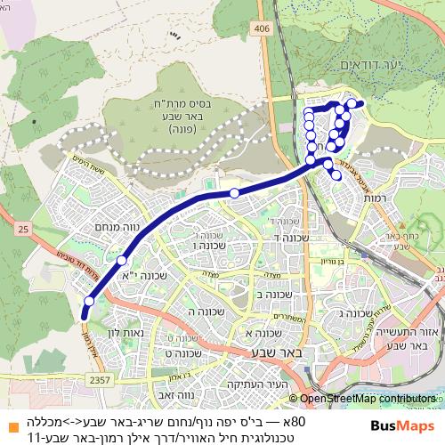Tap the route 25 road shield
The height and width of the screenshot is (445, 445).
(x=22, y=231)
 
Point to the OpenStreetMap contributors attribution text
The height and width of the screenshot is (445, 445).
(x=368, y=400)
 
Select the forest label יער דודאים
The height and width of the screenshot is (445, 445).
(x=363, y=65)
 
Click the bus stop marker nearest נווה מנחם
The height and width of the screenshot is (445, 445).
(x=121, y=261)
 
